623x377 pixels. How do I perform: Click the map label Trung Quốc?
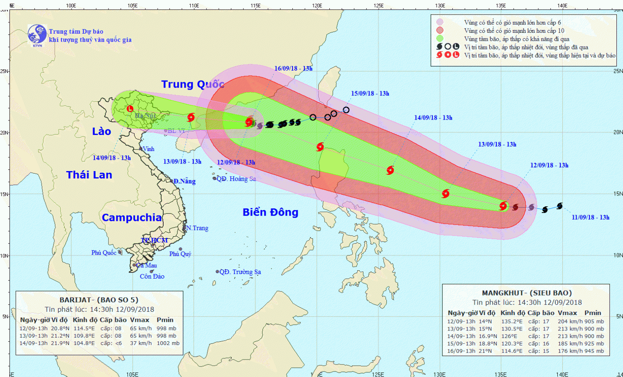193,84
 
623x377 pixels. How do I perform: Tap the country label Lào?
101,132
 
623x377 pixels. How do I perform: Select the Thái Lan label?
89,175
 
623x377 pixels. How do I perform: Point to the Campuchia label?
132,218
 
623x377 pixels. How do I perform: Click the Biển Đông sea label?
270,212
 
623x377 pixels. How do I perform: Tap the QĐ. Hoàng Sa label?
236,179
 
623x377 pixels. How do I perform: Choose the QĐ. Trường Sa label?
240,272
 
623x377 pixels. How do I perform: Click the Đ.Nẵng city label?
184,181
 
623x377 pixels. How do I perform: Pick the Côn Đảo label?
152,277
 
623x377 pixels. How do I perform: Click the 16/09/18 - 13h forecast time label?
293,69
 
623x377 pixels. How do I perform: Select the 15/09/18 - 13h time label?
370,93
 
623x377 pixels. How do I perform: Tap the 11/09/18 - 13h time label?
590,217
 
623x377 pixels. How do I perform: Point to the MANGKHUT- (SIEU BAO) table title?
527,293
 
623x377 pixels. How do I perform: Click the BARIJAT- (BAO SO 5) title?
99,300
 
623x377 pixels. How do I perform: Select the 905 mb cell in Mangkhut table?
594,321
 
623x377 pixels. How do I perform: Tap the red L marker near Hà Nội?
130,109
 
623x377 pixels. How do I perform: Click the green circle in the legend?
440,39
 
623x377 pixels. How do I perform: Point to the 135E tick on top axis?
501,5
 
